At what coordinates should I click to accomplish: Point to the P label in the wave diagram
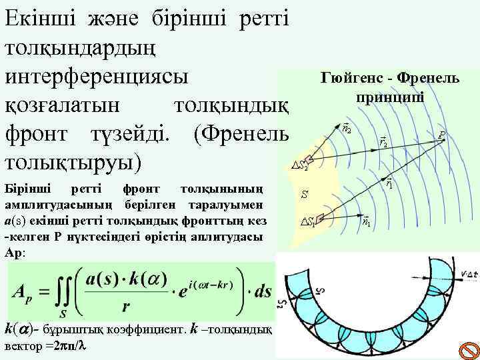[441, 135]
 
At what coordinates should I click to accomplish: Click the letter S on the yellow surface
[304, 195]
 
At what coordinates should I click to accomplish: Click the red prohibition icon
[469, 349]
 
